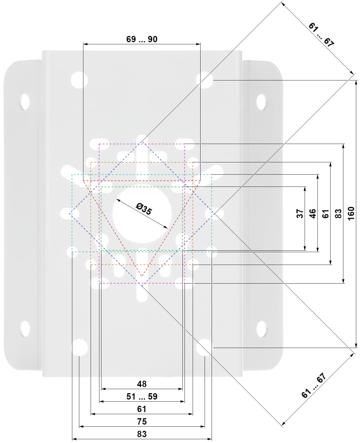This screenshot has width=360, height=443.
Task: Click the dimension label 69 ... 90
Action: (x=142, y=39)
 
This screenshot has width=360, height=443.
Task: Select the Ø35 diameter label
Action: (x=144, y=209)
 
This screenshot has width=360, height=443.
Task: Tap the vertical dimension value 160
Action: (x=351, y=214)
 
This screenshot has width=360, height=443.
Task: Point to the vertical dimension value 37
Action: (x=300, y=214)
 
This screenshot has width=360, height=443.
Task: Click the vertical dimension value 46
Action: (x=312, y=214)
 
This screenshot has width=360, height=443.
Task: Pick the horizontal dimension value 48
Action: (x=142, y=384)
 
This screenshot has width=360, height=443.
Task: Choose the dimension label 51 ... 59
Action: (x=142, y=396)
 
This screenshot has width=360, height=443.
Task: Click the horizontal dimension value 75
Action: (x=142, y=421)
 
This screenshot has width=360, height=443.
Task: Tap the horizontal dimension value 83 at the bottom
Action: (x=142, y=434)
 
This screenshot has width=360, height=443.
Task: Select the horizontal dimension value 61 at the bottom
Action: (x=142, y=409)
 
